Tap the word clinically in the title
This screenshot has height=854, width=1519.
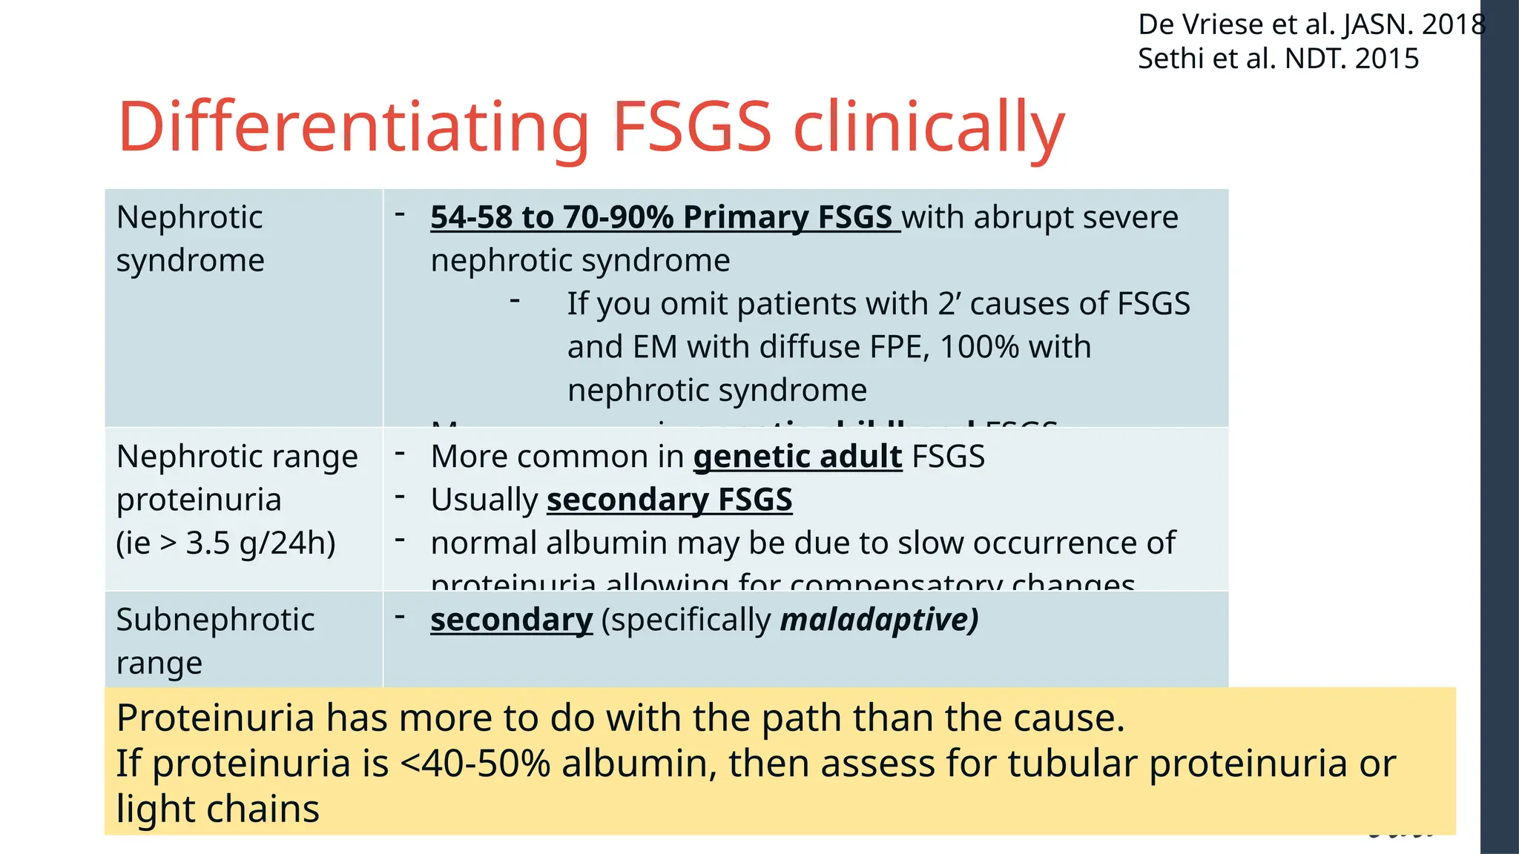(929, 127)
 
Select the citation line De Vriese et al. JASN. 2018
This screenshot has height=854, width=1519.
(1311, 24)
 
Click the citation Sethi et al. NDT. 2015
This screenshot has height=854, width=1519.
(1278, 59)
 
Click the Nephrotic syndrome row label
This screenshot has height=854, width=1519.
(190, 239)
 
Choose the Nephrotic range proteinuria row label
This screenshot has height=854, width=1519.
(237, 499)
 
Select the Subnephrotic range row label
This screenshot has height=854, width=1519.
(215, 640)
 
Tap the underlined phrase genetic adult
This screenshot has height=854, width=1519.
(797, 457)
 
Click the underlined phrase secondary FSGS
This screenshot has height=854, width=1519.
(669, 500)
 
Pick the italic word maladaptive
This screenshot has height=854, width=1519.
(879, 620)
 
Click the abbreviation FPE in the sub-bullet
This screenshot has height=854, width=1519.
(894, 347)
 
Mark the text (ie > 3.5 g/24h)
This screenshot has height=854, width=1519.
(225, 543)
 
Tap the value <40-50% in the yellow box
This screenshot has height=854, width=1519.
(475, 764)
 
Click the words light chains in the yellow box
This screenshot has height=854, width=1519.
(218, 809)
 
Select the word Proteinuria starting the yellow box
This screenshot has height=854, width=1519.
(216, 718)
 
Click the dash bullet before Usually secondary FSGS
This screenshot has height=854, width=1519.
(400, 496)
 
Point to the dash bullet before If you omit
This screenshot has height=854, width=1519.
(515, 300)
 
